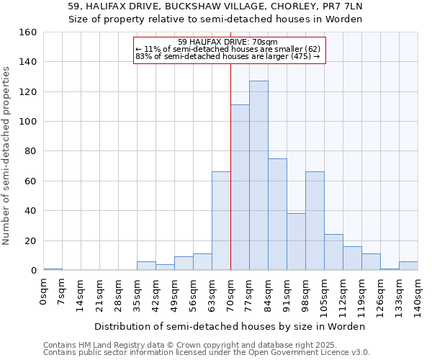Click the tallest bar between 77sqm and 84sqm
(x=258, y=176)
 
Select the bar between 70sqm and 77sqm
(x=240, y=188)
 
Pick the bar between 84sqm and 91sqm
(x=277, y=215)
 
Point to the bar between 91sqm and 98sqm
(x=296, y=242)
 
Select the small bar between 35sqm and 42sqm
(x=146, y=266)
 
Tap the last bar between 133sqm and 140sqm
(x=408, y=266)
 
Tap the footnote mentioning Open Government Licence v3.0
(x=207, y=352)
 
